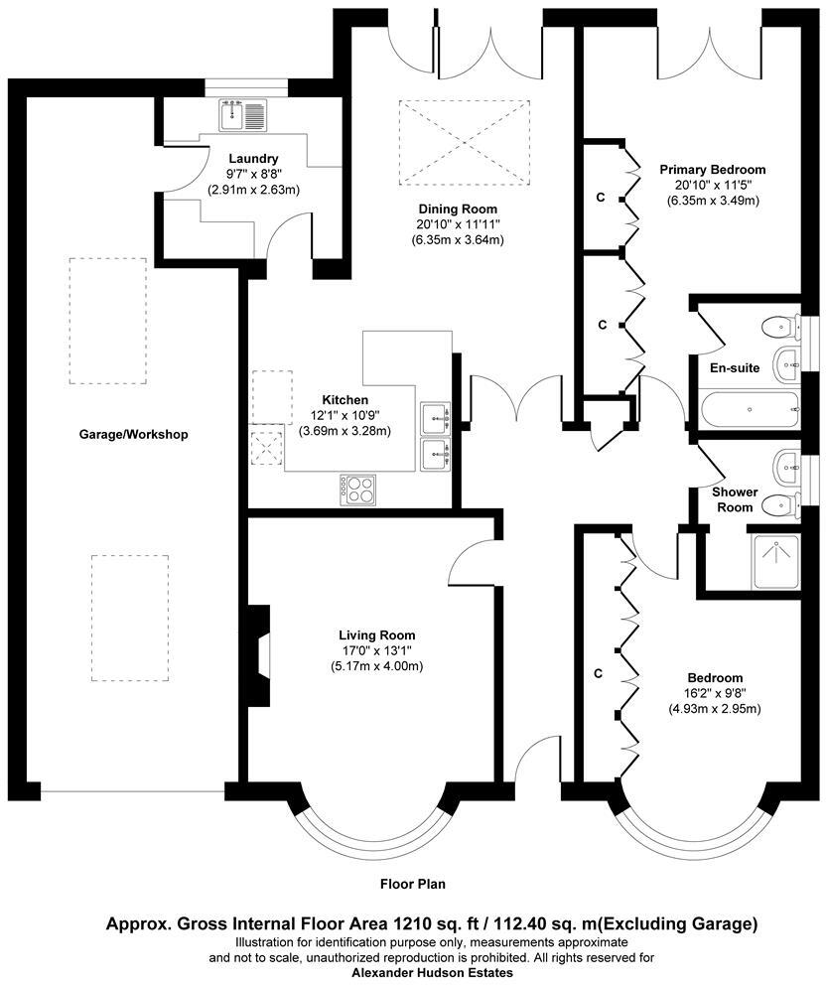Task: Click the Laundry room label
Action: [253, 158]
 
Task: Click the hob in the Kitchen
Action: [359, 489]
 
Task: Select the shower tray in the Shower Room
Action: [777, 563]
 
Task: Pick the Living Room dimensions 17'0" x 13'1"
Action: [376, 650]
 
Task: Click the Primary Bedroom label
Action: [712, 170]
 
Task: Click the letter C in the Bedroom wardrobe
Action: [598, 673]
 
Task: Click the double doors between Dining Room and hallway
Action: [516, 397]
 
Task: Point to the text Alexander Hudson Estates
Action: [433, 973]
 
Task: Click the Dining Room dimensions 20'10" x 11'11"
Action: [458, 224]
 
